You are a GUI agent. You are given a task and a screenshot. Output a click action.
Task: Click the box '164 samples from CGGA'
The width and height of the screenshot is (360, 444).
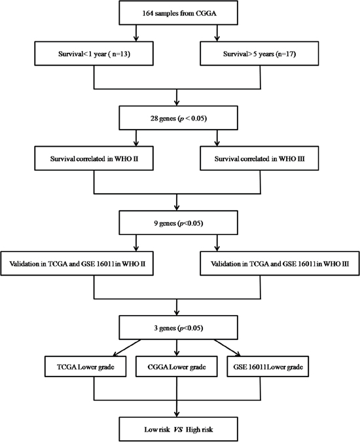pyautogui.click(x=178, y=12)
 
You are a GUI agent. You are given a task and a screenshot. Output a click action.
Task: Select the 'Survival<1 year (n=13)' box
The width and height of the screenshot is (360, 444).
pyautogui.click(x=94, y=54)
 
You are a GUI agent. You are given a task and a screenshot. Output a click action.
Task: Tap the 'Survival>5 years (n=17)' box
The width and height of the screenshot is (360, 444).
pyautogui.click(x=259, y=54)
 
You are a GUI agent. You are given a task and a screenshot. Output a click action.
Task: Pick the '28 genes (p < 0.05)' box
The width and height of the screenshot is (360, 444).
pyautogui.click(x=178, y=118)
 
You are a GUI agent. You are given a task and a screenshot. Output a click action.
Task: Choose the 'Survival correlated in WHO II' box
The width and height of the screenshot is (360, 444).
pyautogui.click(x=94, y=158)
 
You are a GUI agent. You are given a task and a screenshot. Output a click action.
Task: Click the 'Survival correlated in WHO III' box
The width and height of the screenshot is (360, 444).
pyautogui.click(x=259, y=158)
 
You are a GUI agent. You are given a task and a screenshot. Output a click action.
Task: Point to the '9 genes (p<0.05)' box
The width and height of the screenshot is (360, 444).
pyautogui.click(x=178, y=223)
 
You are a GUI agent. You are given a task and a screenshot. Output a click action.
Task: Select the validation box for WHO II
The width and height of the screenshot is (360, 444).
pyautogui.click(x=77, y=263)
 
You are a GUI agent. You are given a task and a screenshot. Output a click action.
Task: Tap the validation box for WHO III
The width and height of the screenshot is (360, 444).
pyautogui.click(x=279, y=263)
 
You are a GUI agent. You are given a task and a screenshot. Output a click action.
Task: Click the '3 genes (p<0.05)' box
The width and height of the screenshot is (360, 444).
pyautogui.click(x=178, y=327)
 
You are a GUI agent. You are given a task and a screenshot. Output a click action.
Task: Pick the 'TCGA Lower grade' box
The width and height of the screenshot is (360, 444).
pyautogui.click(x=86, y=367)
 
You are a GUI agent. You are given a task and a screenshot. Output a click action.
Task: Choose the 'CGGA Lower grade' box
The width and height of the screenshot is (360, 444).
pyautogui.click(x=177, y=367)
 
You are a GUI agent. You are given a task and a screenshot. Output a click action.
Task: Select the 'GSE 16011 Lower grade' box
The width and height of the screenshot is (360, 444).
pyautogui.click(x=268, y=367)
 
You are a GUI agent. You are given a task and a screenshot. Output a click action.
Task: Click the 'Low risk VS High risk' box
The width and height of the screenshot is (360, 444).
pyautogui.click(x=178, y=429)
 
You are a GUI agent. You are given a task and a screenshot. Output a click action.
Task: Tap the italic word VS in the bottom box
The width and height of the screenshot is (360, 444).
pyautogui.click(x=178, y=430)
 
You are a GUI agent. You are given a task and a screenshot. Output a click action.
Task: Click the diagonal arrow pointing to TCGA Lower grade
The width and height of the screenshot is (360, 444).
pyautogui.click(x=126, y=348)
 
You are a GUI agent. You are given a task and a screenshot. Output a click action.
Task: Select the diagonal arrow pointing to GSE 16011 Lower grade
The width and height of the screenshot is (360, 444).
pyautogui.click(x=227, y=348)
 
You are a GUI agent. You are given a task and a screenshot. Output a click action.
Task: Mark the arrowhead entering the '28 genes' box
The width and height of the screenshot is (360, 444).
pyautogui.click(x=177, y=103)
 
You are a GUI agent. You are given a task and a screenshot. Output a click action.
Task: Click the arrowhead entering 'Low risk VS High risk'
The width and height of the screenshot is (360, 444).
pyautogui.click(x=177, y=414)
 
